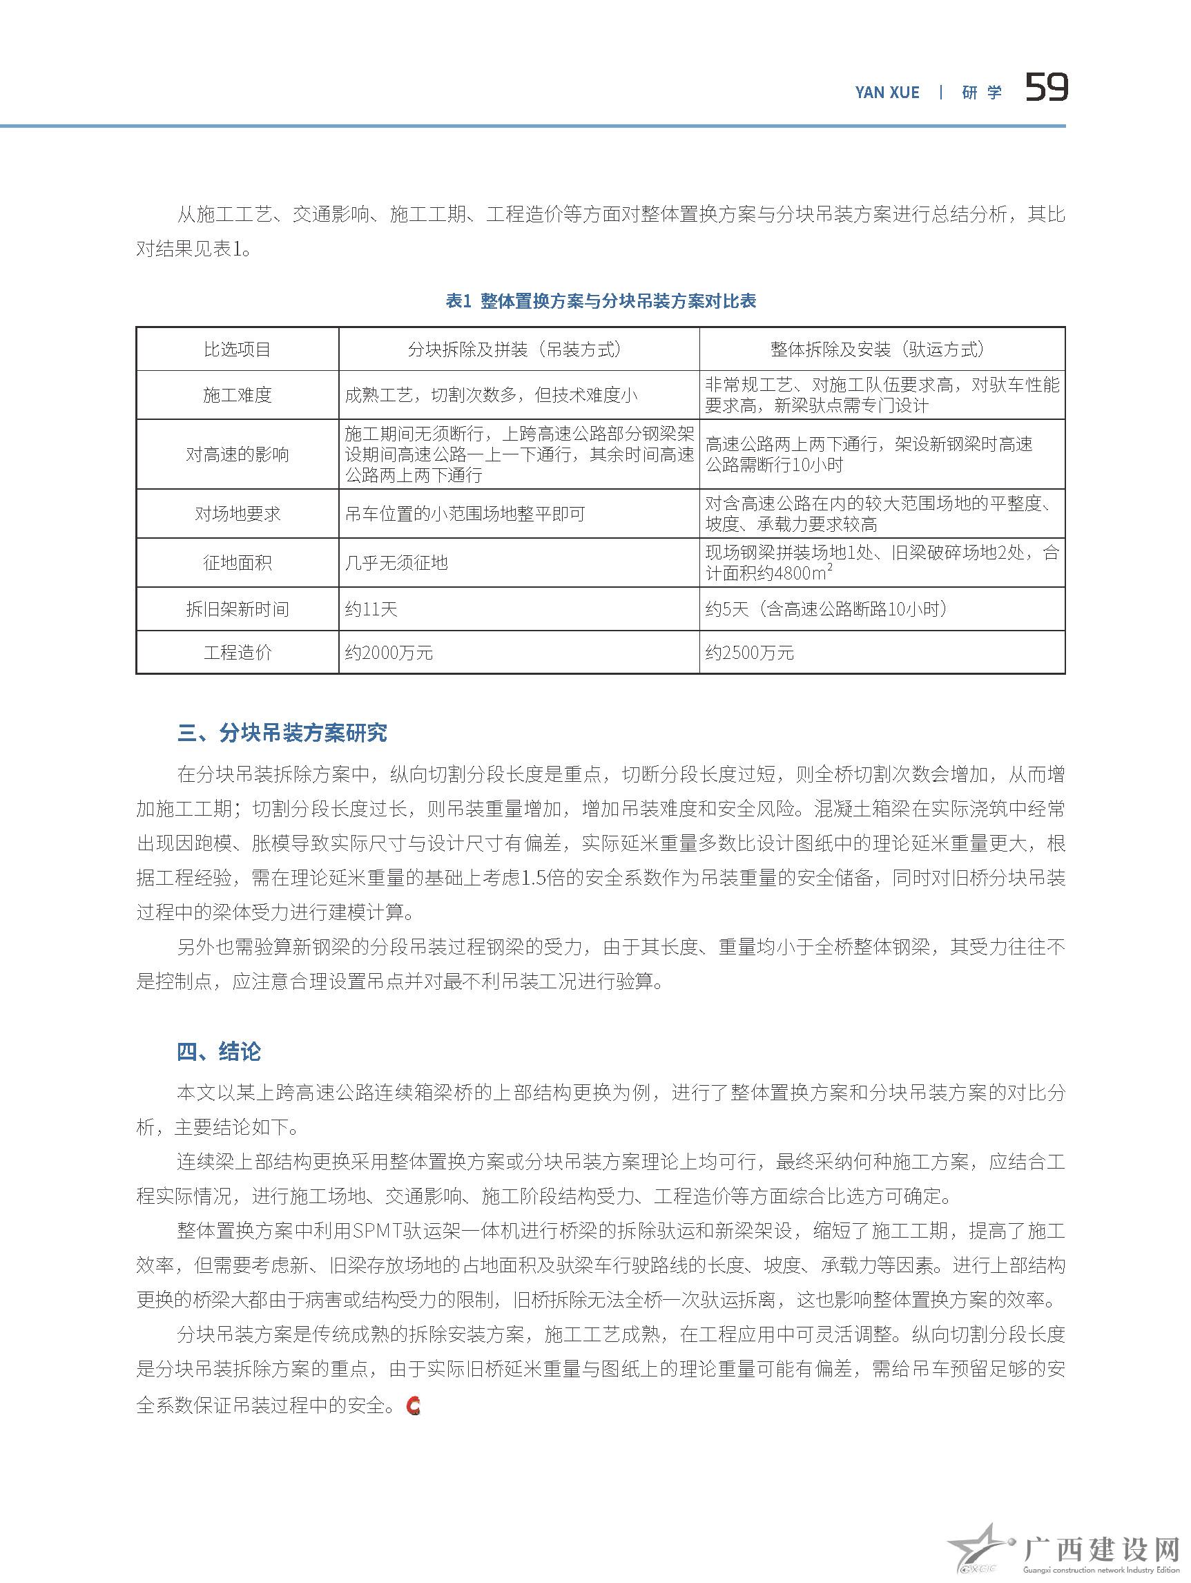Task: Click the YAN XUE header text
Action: (887, 93)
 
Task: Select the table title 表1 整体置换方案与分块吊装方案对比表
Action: (601, 301)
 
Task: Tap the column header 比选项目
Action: (238, 350)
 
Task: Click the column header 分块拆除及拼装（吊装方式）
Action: (519, 350)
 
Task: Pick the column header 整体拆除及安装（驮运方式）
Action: (881, 350)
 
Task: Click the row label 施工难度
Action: (238, 395)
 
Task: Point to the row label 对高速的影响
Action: (238, 454)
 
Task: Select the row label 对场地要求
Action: (238, 514)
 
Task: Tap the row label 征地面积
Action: (238, 563)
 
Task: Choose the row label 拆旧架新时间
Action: (238, 610)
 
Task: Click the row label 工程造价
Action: (238, 653)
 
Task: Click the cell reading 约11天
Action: (371, 610)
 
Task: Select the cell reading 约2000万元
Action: (389, 653)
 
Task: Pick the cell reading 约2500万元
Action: (750, 653)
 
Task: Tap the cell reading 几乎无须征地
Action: (396, 563)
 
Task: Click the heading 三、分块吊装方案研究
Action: (282, 733)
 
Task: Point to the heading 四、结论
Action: (219, 1052)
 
